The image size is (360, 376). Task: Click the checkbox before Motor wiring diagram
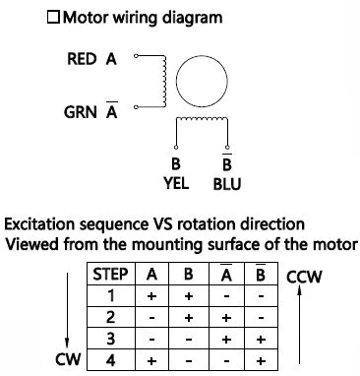[x=53, y=18]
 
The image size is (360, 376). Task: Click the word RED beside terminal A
[x=82, y=59]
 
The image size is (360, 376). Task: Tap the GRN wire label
[x=81, y=112]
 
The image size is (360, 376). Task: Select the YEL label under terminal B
[x=176, y=183]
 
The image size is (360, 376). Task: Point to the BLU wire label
[x=227, y=184]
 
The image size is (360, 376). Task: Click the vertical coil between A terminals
[x=164, y=81]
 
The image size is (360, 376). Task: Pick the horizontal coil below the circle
[x=202, y=119]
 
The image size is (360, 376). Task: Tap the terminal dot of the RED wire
[x=136, y=55]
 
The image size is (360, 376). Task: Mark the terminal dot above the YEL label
[x=176, y=147]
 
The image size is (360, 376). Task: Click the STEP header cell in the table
[x=111, y=274]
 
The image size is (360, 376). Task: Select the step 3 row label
[x=111, y=339]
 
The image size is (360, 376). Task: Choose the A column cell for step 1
[x=151, y=296]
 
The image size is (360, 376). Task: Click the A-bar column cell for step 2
[x=226, y=317]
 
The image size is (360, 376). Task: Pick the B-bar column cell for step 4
[x=261, y=360]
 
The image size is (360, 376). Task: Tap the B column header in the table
[x=189, y=274]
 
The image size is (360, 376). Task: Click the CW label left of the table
[x=68, y=359]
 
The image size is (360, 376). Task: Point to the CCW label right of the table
[x=304, y=277]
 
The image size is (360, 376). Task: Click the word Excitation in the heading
[x=39, y=224]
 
